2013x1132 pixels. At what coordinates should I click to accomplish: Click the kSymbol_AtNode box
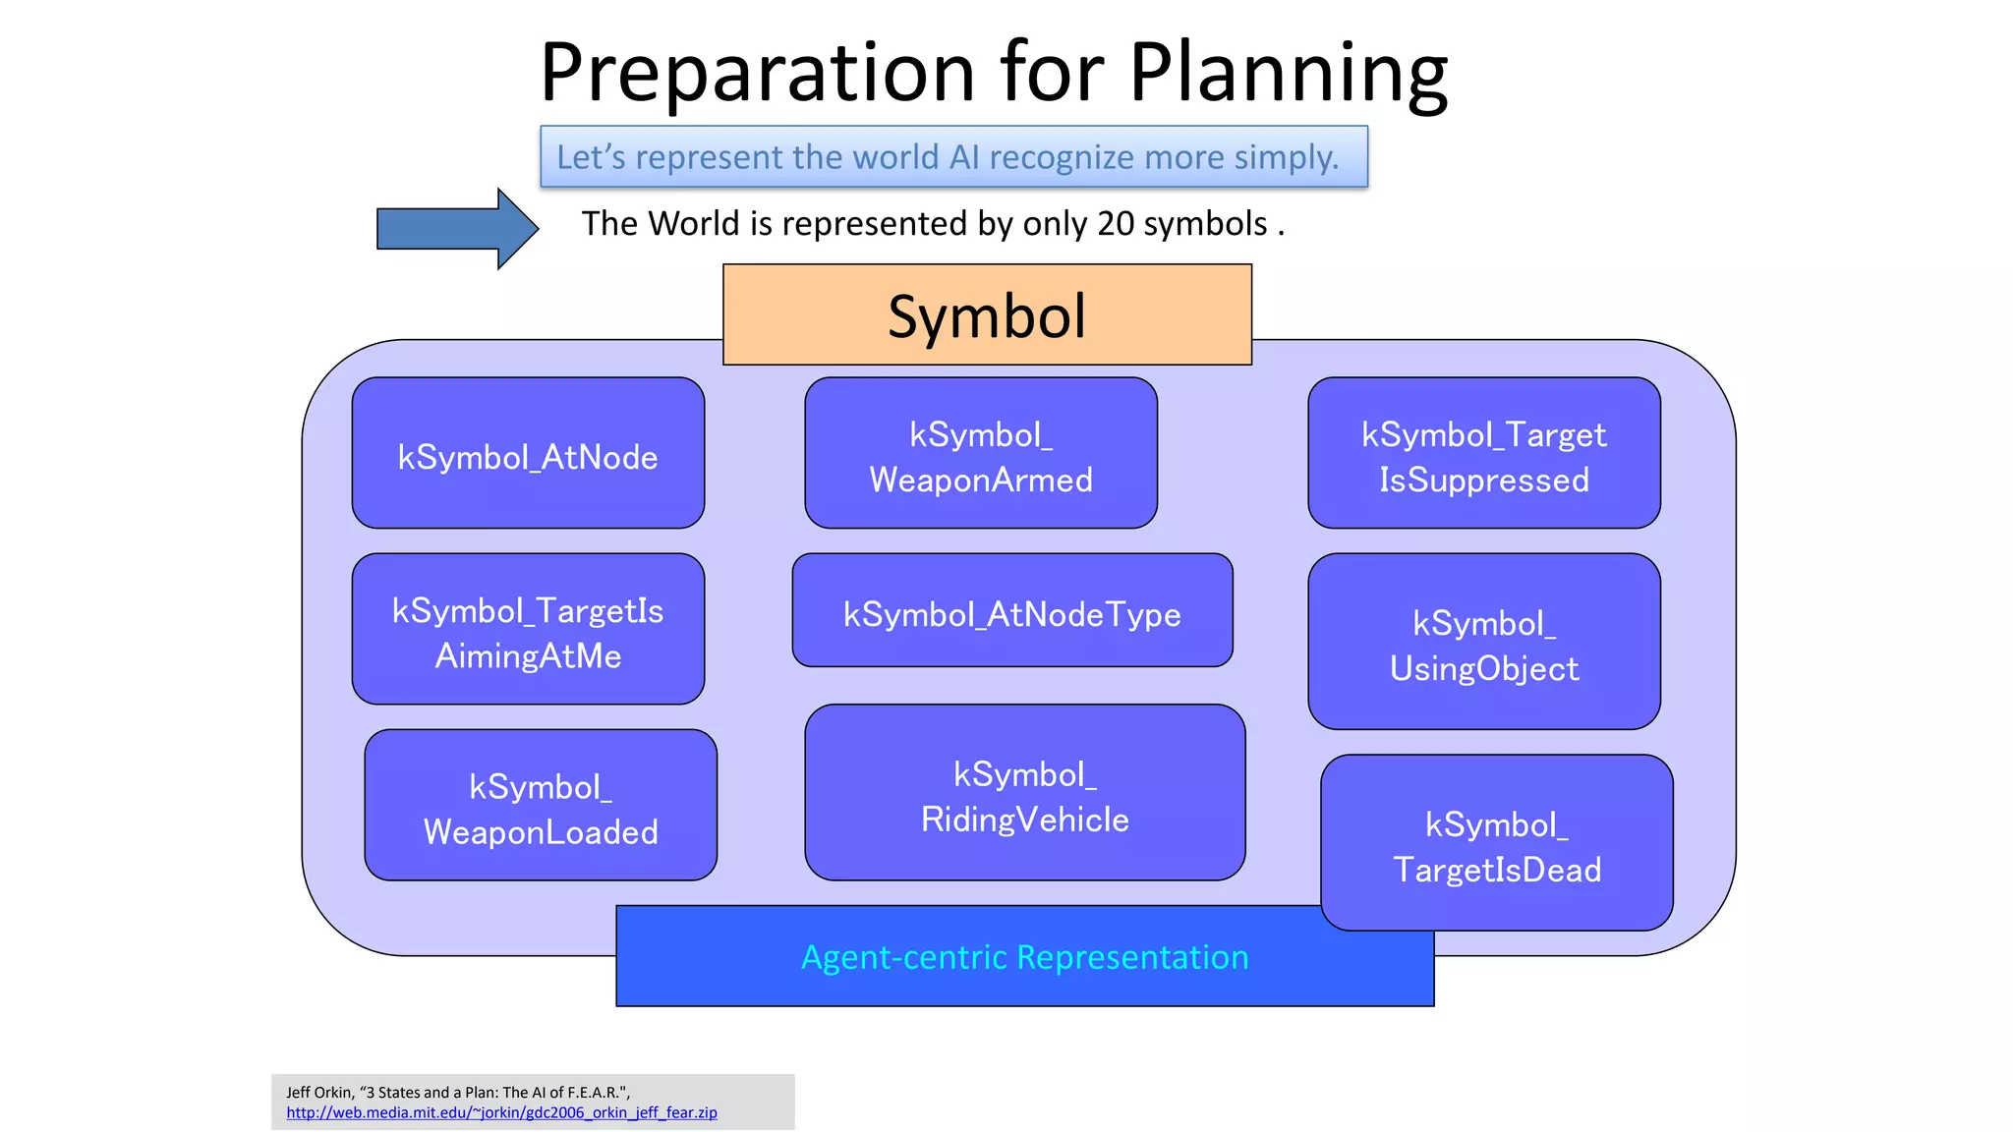[528, 453]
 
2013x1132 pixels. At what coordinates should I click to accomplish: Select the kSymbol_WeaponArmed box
[980, 453]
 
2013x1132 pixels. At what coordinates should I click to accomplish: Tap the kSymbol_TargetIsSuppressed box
[1483, 453]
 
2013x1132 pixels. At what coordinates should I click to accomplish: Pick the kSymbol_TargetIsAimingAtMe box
[528, 629]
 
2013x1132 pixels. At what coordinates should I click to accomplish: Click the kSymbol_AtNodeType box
[1011, 610]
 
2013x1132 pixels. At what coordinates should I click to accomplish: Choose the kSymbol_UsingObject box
[1483, 642]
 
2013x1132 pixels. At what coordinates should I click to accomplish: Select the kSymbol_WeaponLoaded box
[540, 805]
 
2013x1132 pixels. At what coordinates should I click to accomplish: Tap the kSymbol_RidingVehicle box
[1024, 792]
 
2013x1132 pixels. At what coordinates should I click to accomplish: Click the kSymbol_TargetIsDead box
[1496, 843]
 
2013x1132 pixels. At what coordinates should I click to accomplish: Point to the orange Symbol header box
[987, 314]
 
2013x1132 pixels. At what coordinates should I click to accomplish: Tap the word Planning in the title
[1288, 73]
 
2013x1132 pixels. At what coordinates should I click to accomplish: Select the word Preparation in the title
[757, 73]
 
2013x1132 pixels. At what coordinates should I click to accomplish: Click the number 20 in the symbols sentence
[1116, 224]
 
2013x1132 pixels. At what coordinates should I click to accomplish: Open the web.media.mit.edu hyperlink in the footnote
[501, 1113]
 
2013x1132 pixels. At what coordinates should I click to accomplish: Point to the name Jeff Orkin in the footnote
[318, 1093]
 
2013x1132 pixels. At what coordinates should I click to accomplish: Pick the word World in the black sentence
[692, 224]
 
